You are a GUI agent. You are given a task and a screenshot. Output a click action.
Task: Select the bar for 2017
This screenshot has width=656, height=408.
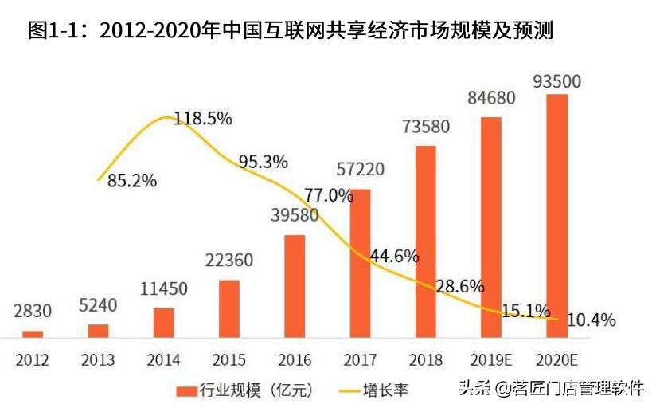(361, 263)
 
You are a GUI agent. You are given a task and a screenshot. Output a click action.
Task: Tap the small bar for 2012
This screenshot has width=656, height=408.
(33, 333)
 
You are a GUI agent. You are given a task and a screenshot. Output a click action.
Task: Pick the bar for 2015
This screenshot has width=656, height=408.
(229, 308)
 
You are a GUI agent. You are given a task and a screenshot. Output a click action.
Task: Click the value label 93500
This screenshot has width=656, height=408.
(556, 81)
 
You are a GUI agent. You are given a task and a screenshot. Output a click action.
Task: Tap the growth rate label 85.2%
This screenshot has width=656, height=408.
(132, 181)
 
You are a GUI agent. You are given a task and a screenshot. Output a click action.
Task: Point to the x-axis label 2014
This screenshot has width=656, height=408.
(163, 360)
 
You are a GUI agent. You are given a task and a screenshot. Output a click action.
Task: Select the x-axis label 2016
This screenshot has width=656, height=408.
(295, 360)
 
